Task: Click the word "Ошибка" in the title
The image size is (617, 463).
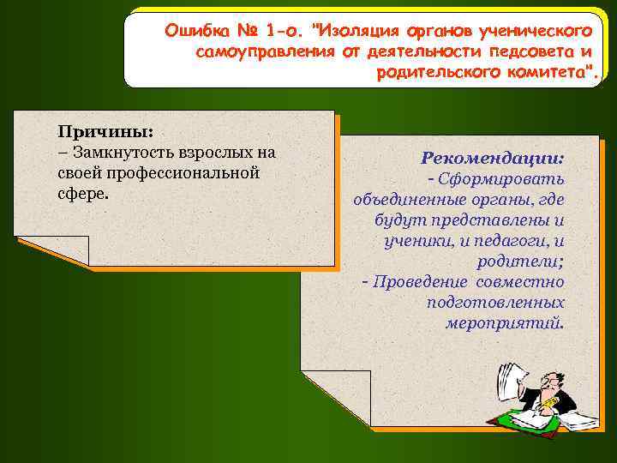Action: (x=195, y=32)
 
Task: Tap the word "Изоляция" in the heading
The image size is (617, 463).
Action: (x=356, y=32)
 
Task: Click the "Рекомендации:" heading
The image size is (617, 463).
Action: (x=492, y=159)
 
